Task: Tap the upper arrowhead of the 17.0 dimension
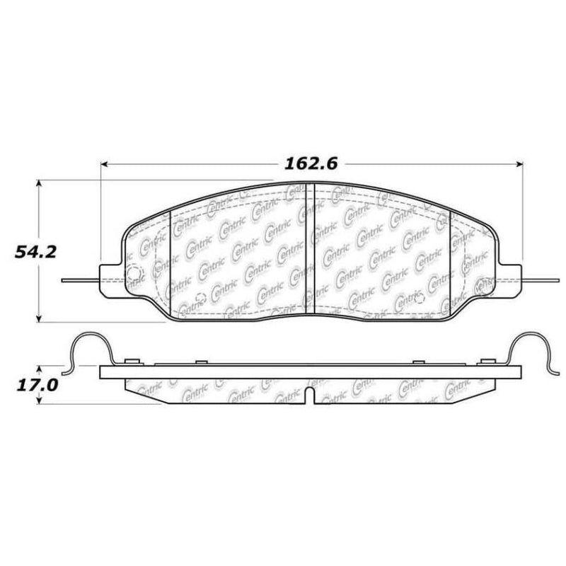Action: point(40,369)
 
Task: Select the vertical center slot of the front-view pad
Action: point(309,248)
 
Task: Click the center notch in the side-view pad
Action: point(310,393)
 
